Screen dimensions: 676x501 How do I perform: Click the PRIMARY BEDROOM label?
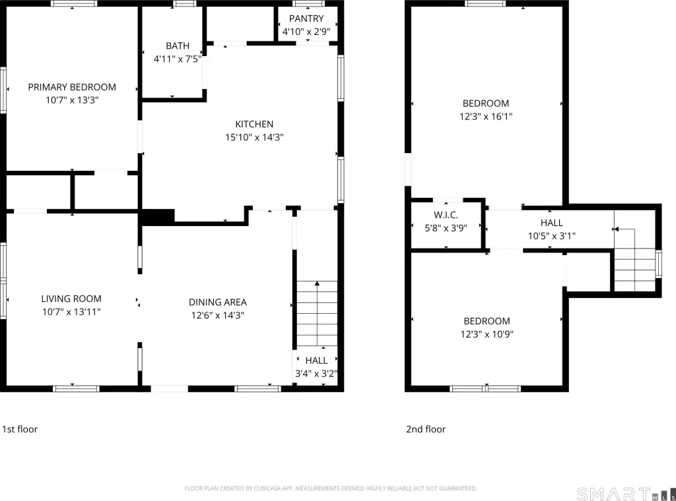(72, 87)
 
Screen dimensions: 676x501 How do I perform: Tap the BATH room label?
(178, 45)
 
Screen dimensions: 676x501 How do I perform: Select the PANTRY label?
(306, 18)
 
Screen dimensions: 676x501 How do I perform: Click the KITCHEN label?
(254, 124)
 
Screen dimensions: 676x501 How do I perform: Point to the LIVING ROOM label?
(71, 299)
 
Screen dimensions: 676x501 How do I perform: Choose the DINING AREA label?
(218, 302)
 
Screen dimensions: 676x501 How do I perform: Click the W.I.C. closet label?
(446, 215)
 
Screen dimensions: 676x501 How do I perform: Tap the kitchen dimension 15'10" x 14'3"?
(254, 137)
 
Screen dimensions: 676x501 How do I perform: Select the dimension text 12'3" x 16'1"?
(486, 116)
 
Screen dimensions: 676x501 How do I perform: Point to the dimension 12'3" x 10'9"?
(487, 334)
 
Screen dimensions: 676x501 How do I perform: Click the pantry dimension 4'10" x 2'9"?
(306, 32)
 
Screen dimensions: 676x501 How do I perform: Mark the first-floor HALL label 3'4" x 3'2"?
(316, 367)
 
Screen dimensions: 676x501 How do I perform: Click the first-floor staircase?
(317, 313)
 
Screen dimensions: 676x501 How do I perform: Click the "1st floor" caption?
(20, 429)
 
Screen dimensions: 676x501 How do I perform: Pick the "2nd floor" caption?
(426, 429)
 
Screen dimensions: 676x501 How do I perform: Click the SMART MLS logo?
(626, 494)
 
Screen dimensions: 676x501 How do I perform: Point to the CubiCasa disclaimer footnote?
(331, 488)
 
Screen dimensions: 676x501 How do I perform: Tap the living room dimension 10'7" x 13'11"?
(71, 312)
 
